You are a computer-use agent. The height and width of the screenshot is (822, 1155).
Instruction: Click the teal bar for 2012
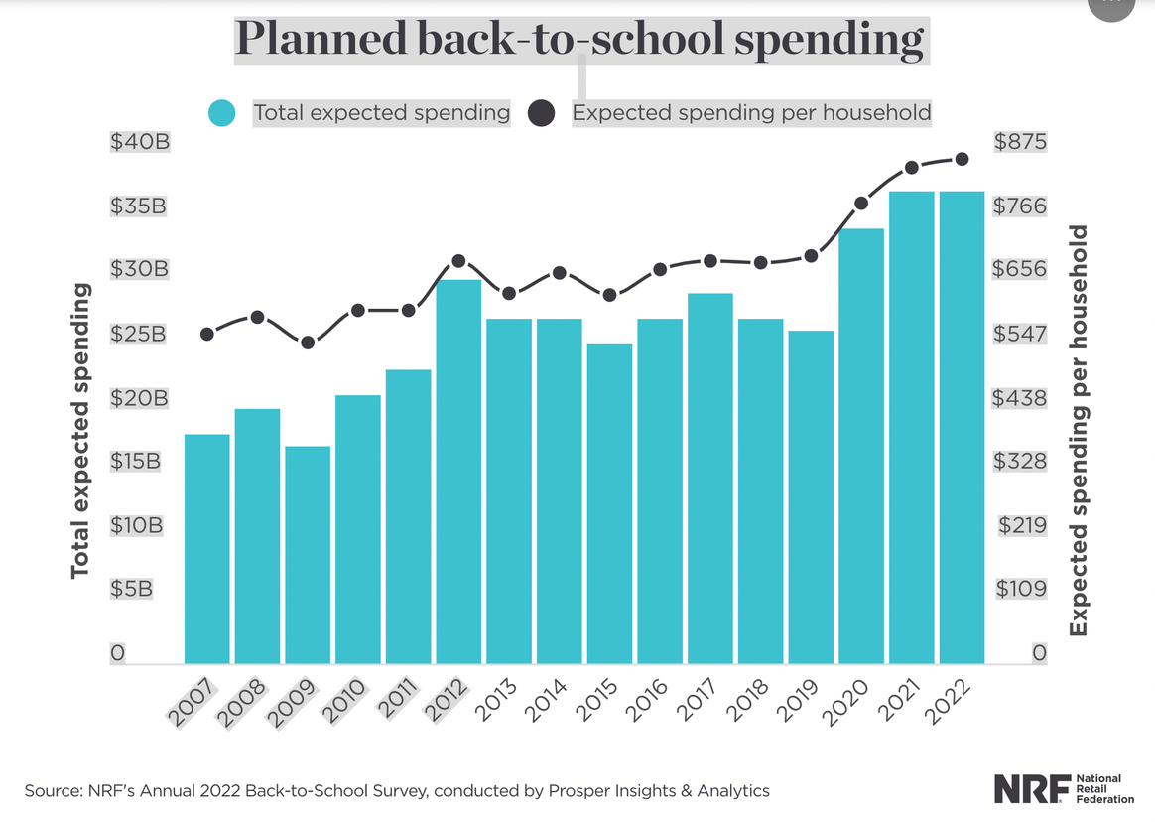pyautogui.click(x=458, y=472)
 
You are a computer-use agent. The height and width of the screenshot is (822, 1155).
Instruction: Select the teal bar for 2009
pyautogui.click(x=308, y=554)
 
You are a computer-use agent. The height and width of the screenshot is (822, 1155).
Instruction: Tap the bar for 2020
pyautogui.click(x=861, y=446)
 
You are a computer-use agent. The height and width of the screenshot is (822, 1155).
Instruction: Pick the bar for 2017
pyautogui.click(x=709, y=478)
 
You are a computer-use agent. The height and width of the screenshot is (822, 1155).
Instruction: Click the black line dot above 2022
pyautogui.click(x=962, y=159)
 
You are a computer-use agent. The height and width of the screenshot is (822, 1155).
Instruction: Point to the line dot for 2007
pyautogui.click(x=207, y=335)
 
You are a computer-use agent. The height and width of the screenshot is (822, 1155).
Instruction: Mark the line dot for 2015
pyautogui.click(x=609, y=295)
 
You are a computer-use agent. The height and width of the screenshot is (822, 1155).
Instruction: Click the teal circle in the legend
pyautogui.click(x=222, y=113)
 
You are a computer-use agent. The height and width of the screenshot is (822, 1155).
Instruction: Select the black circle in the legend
pyautogui.click(x=541, y=113)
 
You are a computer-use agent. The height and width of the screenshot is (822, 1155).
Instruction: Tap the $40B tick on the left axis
pyautogui.click(x=140, y=142)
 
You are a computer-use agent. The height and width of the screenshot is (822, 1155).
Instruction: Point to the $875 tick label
pyautogui.click(x=1021, y=142)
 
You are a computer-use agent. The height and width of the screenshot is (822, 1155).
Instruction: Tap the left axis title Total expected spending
pyautogui.click(x=80, y=431)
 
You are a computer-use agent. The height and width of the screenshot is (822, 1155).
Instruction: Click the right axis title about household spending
pyautogui.click(x=1078, y=431)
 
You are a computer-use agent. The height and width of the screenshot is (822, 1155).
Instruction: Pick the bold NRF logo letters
pyautogui.click(x=1032, y=788)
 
